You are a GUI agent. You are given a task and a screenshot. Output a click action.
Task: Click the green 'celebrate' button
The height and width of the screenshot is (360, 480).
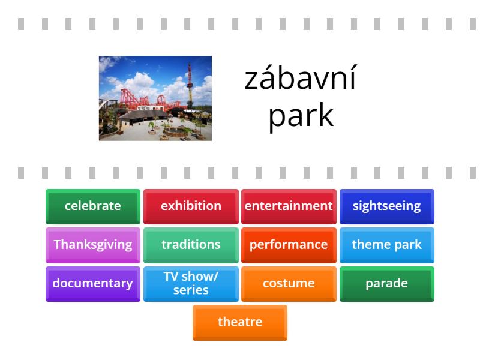(x=92, y=206)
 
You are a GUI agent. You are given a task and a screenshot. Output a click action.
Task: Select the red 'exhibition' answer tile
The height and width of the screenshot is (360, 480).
(x=191, y=206)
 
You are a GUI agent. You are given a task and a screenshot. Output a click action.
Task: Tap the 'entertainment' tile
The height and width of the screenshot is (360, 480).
(x=289, y=206)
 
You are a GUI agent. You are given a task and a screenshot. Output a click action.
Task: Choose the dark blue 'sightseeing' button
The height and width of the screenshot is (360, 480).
(x=386, y=206)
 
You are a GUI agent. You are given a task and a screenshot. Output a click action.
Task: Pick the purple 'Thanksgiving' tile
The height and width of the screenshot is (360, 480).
(x=92, y=245)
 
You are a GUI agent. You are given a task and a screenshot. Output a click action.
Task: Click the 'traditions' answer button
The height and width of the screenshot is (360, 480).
(x=191, y=245)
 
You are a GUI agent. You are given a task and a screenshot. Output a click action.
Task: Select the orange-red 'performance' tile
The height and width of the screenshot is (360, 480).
(x=289, y=245)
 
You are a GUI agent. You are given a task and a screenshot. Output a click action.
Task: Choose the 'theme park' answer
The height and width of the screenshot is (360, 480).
(x=386, y=245)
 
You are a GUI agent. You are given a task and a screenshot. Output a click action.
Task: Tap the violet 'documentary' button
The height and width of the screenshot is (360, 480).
(x=92, y=283)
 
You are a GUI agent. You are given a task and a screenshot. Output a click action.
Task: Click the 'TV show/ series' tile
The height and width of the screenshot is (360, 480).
(x=191, y=283)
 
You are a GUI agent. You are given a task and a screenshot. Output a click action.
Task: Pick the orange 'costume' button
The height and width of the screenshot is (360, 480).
(x=289, y=283)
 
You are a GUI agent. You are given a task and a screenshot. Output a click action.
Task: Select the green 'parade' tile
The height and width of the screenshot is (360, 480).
(x=386, y=283)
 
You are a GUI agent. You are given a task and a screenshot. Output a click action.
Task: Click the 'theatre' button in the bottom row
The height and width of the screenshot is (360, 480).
(x=240, y=322)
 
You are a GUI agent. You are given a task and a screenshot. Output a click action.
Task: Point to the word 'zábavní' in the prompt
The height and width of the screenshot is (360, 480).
(x=300, y=79)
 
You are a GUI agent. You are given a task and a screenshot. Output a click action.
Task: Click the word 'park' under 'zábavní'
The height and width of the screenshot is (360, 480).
(x=301, y=115)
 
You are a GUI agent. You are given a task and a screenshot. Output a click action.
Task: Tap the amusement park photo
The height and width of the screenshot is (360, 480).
(x=155, y=98)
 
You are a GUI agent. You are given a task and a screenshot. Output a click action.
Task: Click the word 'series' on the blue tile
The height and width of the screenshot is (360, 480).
(x=191, y=290)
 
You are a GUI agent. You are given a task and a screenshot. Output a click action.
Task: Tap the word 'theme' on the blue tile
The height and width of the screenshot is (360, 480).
(x=369, y=245)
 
